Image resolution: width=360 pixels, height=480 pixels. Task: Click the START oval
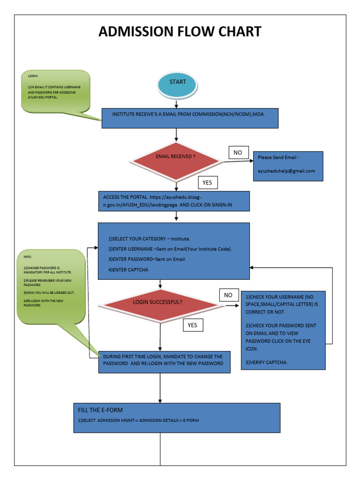[178, 82]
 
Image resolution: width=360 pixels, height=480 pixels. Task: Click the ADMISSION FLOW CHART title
[180, 32]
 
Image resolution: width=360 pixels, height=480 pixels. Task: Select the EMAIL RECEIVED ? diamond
[176, 157]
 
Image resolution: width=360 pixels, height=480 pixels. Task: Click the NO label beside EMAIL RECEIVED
[238, 153]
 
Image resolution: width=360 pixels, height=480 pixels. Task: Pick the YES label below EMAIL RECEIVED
[207, 182]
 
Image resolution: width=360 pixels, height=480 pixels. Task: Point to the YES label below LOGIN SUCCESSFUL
[192, 325]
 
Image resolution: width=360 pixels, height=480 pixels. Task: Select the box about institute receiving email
[190, 118]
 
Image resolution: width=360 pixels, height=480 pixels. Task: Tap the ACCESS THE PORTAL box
[173, 201]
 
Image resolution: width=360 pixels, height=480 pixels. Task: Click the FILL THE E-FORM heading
[100, 410]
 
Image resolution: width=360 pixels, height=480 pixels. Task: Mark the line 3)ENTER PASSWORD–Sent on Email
[147, 259]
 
